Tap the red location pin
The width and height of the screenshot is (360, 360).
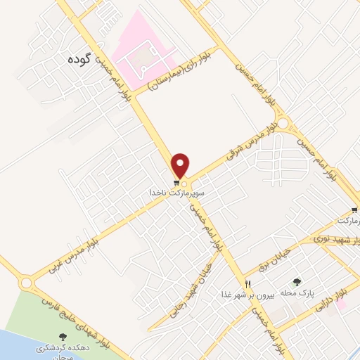[x=181, y=165]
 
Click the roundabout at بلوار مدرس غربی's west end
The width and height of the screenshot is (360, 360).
[x=27, y=283]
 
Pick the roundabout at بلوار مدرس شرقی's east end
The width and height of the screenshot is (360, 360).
[x=283, y=124]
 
